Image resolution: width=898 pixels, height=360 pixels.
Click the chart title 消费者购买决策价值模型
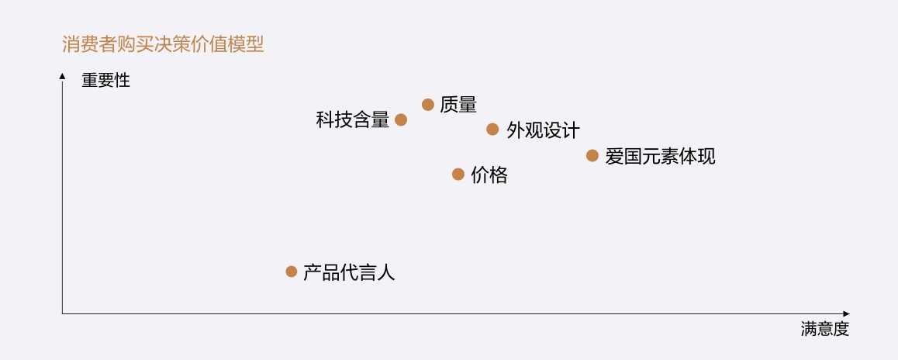(163, 44)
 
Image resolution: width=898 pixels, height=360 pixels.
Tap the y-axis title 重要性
(105, 80)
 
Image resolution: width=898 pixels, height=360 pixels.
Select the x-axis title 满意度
(825, 329)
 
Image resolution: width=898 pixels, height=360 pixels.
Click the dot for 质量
(427, 104)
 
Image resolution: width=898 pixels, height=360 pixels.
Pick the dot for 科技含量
(400, 119)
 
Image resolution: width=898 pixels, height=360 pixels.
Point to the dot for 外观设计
(492, 129)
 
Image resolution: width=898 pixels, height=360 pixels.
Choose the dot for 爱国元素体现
(592, 155)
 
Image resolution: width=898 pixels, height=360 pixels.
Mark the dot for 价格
(458, 174)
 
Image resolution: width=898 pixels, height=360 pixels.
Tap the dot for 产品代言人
(291, 272)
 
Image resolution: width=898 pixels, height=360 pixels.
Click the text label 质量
(458, 105)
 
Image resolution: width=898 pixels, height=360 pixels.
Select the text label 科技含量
(352, 120)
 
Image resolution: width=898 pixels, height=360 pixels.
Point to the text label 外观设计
(543, 130)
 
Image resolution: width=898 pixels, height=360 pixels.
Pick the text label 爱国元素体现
(660, 156)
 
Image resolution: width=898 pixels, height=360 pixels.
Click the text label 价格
(489, 175)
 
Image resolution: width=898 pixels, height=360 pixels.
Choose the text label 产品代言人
(349, 272)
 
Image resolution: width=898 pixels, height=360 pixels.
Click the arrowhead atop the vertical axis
(62, 75)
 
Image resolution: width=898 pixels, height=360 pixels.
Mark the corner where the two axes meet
(62, 313)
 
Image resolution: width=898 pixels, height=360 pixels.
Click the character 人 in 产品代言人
(386, 272)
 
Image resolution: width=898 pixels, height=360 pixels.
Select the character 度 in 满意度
(841, 329)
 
